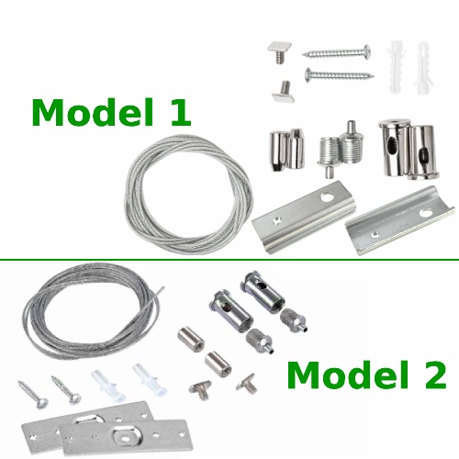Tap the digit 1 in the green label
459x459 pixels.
click(x=181, y=112)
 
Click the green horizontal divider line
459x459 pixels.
click(x=229, y=260)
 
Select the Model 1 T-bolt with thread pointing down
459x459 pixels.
click(x=280, y=52)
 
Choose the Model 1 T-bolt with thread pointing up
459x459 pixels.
click(x=284, y=92)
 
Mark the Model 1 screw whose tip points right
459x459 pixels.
click(x=339, y=74)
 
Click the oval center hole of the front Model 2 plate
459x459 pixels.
click(x=125, y=439)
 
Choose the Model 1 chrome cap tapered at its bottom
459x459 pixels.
click(x=278, y=151)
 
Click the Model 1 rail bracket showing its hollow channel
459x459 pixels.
click(x=400, y=221)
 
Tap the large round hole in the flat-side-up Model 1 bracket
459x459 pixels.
click(x=327, y=197)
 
